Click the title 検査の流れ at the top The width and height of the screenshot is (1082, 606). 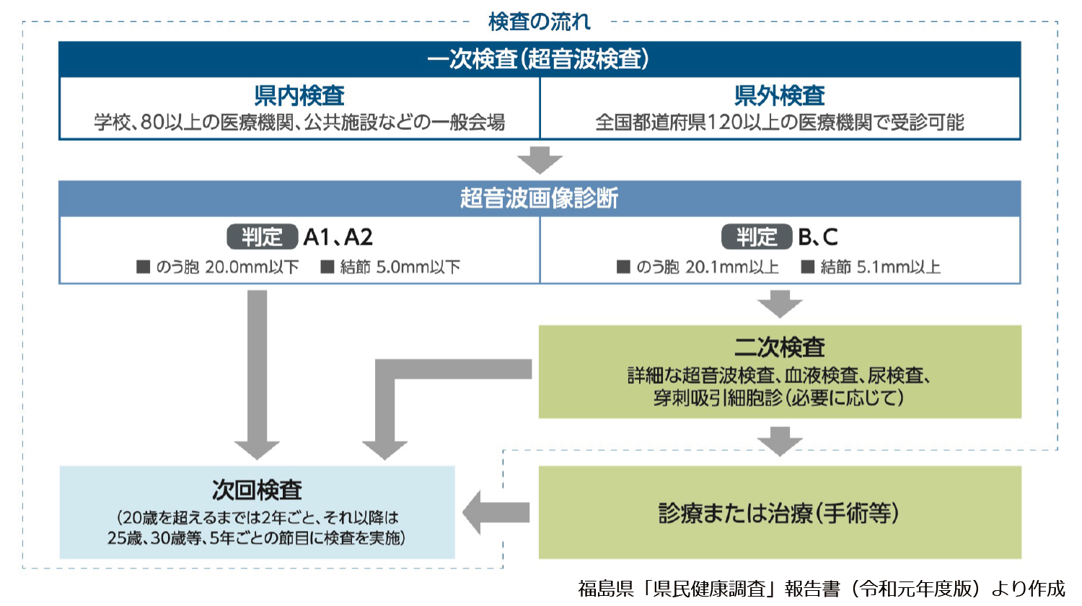[x=539, y=22]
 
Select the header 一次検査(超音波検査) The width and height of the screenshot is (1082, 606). [x=539, y=59]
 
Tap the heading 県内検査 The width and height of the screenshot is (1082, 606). [x=299, y=95]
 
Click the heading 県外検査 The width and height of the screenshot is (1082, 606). [x=780, y=95]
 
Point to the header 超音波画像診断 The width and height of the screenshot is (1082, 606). [x=539, y=198]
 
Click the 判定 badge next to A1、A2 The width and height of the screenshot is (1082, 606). [x=262, y=237]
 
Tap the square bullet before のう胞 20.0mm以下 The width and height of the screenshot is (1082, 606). [x=143, y=267]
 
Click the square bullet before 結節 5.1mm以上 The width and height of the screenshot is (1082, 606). [x=808, y=267]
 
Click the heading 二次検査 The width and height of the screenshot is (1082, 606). [x=780, y=347]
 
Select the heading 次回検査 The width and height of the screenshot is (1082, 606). [x=257, y=490]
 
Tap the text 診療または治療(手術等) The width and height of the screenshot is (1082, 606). [x=779, y=513]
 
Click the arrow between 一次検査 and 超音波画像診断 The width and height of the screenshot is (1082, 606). [x=540, y=160]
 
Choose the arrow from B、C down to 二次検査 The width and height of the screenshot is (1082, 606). [x=780, y=304]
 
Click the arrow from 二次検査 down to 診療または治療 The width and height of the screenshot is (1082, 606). [x=780, y=441]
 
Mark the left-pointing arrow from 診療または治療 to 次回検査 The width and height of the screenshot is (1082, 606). [x=495, y=513]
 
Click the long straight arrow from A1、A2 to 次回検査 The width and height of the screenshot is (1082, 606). [x=257, y=375]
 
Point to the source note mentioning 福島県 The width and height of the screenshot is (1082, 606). [x=822, y=589]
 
